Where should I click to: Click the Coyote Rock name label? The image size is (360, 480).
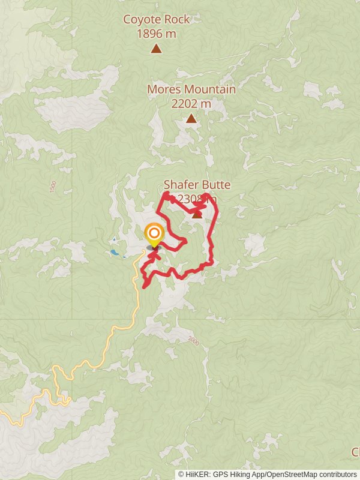coord(156,19)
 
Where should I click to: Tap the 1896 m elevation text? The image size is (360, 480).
coord(156,34)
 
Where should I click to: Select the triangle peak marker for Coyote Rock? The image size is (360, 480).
coord(156,49)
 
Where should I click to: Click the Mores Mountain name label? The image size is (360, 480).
coord(191,89)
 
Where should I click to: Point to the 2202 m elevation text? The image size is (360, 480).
coord(191,103)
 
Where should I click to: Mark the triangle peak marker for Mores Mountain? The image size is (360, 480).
coord(191,119)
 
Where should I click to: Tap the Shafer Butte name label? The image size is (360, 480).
coord(197,185)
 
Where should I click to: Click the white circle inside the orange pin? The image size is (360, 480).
coord(154,232)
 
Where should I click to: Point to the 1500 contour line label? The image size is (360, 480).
coord(53,186)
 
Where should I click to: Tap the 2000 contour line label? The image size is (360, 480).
coord(193,340)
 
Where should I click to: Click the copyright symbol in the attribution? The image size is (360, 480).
coord(181,474)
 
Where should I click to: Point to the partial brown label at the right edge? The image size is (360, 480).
coord(356,451)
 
